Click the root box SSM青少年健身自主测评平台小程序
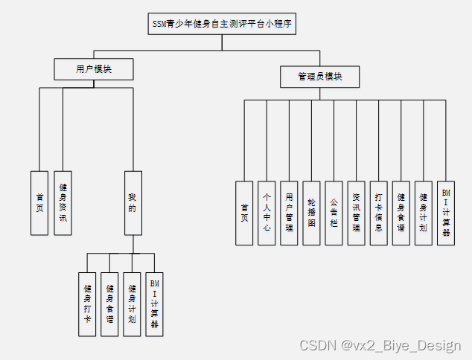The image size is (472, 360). click(221, 24)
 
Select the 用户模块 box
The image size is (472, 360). click(95, 69)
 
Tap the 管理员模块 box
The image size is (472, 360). click(320, 76)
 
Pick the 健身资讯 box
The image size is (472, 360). click(63, 203)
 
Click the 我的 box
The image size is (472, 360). click(133, 203)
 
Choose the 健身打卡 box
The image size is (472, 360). click(87, 304)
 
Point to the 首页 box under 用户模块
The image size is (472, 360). click(39, 203)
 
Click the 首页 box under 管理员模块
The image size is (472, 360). click(244, 213)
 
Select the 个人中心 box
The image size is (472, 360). click(267, 213)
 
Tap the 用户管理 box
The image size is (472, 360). click(289, 213)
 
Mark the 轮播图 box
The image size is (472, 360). click(312, 213)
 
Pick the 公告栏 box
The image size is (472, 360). click(334, 213)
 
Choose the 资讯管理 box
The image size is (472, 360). click(357, 213)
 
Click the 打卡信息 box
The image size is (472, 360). click(379, 213)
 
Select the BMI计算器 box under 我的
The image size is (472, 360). click(154, 304)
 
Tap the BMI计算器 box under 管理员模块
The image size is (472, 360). click(446, 213)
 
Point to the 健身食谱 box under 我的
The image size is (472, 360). click(109, 304)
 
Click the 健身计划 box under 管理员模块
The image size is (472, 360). click(424, 213)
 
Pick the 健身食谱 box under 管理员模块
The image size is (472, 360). click(401, 213)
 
